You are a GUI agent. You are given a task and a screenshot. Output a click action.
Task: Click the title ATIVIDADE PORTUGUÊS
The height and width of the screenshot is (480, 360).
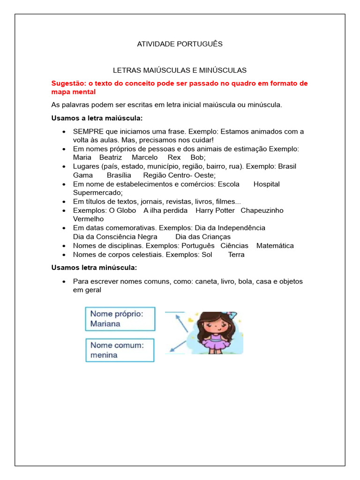click(180, 44)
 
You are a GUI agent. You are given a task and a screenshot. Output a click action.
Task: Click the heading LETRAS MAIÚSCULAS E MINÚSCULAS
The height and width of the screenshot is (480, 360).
click(180, 70)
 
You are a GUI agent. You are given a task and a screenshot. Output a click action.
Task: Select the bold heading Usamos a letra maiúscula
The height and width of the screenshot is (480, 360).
click(97, 118)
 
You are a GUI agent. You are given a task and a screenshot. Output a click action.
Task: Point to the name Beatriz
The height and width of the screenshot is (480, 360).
click(110, 157)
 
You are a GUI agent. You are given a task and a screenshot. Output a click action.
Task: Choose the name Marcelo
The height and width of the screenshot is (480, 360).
click(144, 157)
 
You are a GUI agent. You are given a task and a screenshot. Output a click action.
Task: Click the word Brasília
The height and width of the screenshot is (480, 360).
click(119, 175)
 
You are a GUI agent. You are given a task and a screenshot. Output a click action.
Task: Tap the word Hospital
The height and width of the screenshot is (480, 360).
click(266, 184)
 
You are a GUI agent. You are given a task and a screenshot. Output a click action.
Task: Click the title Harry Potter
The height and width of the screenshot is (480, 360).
click(215, 210)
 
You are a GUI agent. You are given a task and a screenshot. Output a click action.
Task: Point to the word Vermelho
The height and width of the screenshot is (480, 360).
click(88, 219)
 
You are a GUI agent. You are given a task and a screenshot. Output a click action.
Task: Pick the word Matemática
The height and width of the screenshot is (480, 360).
click(275, 246)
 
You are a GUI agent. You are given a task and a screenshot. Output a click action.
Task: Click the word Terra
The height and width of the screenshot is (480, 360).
click(236, 255)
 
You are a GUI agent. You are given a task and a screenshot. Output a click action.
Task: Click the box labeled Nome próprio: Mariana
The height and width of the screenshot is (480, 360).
click(120, 319)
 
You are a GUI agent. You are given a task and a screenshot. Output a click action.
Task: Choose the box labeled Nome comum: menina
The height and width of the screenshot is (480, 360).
click(120, 350)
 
